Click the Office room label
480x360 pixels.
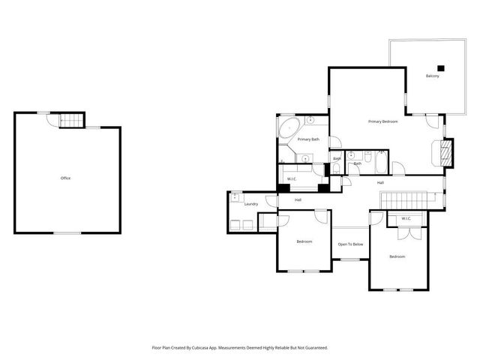tap(65, 178)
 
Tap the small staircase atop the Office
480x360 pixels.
tap(69, 120)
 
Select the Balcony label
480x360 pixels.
tap(432, 76)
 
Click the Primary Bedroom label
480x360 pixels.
tap(382, 121)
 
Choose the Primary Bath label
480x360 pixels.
tap(308, 139)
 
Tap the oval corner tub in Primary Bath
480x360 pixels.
tap(288, 130)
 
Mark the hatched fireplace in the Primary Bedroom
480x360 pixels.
tap(445, 154)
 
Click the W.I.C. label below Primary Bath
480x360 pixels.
tap(292, 178)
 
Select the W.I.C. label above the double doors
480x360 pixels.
tap(406, 219)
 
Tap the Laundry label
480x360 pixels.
tap(251, 204)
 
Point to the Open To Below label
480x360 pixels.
tap(350, 244)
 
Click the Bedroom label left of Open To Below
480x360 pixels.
tap(304, 241)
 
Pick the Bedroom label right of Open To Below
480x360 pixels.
tap(397, 257)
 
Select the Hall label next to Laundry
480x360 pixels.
tap(298, 199)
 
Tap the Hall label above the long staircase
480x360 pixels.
tap(380, 183)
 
